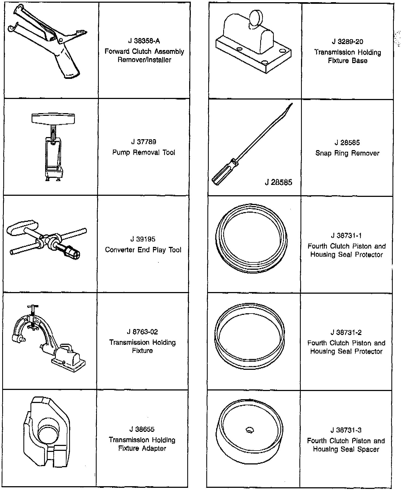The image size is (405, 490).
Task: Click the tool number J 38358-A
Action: click(x=144, y=41)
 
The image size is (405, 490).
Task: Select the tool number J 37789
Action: click(x=143, y=142)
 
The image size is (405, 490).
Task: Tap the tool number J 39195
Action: click(x=143, y=239)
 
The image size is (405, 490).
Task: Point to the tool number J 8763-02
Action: click(x=142, y=332)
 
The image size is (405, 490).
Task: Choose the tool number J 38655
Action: click(x=142, y=429)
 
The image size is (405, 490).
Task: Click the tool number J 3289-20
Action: click(x=347, y=42)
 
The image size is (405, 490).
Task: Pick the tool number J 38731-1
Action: click(x=346, y=235)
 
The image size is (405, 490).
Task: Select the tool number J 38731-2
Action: click(x=346, y=332)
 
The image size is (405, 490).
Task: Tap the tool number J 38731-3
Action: click(x=346, y=430)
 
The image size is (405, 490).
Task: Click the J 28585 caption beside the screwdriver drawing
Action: click(x=278, y=182)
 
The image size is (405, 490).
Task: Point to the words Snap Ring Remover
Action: click(x=347, y=153)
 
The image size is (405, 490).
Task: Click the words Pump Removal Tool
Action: click(x=144, y=152)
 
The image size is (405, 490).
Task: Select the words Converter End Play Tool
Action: click(x=143, y=250)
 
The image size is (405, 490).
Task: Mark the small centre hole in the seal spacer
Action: click(x=250, y=430)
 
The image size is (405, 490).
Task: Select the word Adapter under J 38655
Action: click(x=154, y=448)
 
